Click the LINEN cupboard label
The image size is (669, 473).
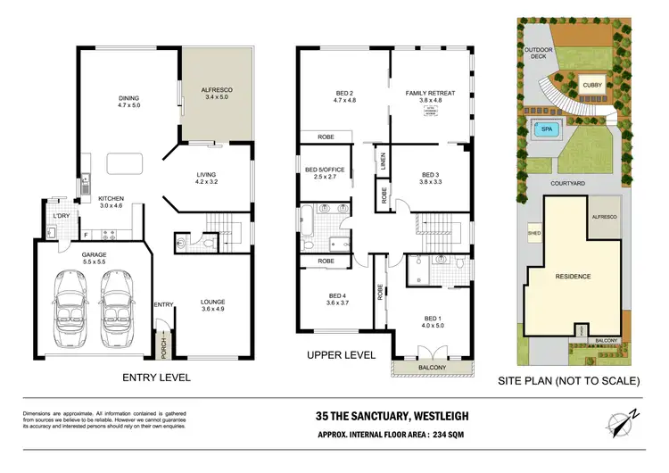pyautogui.click(x=383, y=162)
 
